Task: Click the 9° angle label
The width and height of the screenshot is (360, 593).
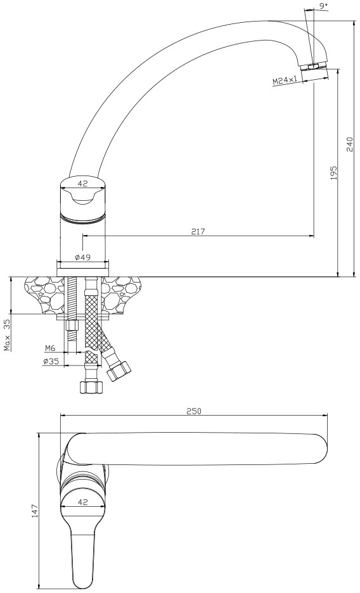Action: coord(323,6)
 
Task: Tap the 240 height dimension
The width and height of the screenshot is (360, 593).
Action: coord(349,144)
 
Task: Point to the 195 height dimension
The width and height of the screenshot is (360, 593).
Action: coord(333,173)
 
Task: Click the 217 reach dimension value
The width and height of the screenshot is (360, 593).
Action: coord(198,231)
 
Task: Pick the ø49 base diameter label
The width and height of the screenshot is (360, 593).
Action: coord(82,257)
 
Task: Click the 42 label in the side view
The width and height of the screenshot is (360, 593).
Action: coord(82,184)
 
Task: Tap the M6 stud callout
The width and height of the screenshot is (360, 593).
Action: coord(50,348)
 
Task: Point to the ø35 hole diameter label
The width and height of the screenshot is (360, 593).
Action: coord(51,361)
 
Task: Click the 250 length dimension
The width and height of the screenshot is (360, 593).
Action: coord(194,411)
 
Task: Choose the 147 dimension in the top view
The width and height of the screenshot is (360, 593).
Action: coord(34,511)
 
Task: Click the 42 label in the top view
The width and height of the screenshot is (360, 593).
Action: coord(82,502)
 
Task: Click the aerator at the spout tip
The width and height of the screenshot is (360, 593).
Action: coord(314,67)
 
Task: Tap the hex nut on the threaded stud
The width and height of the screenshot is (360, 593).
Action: coord(71,326)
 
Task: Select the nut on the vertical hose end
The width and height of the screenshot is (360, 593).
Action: coord(91,387)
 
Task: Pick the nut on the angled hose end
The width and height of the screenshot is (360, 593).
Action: coord(119,371)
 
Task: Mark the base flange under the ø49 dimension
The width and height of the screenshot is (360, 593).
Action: coord(82,272)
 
